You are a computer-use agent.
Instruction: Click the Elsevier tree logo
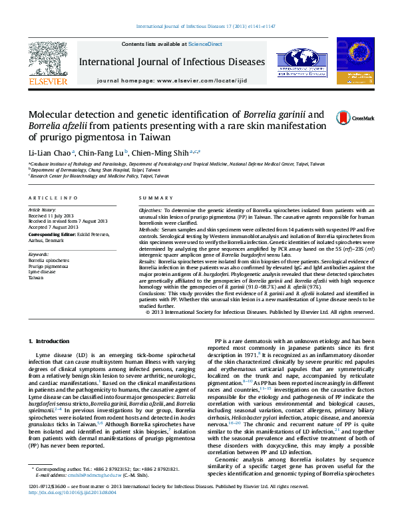pos(47,62)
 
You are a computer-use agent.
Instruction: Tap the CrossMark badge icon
pos(346,117)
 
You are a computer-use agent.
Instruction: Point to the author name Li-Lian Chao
pos(51,152)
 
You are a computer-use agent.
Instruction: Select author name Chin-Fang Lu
pos(101,152)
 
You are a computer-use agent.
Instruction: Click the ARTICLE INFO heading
pos(49,199)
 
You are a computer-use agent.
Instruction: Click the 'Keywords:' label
pos(39,254)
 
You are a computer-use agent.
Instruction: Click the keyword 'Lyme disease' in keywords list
pos(42,271)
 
